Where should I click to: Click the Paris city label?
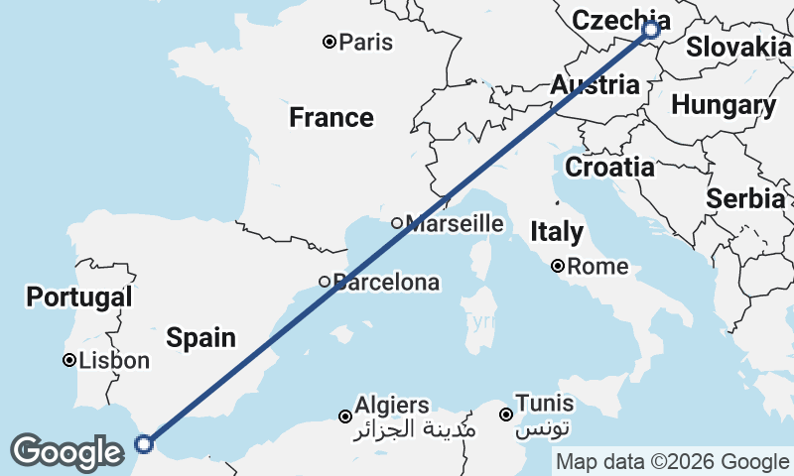(x=365, y=43)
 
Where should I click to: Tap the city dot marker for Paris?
(x=330, y=42)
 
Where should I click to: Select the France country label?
(x=331, y=118)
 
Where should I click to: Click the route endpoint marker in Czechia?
(x=651, y=30)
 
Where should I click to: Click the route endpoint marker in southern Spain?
(x=144, y=443)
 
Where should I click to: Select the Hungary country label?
(x=724, y=105)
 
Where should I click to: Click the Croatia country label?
(x=609, y=167)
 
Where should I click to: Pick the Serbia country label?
(x=745, y=198)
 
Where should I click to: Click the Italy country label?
(x=557, y=232)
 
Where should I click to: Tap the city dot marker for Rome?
(x=559, y=266)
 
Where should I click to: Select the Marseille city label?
(x=455, y=223)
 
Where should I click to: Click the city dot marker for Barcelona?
(x=325, y=282)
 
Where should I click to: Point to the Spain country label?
(x=200, y=337)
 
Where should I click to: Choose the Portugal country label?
(x=79, y=297)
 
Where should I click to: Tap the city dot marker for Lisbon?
(x=70, y=360)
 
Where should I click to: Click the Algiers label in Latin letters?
(x=392, y=405)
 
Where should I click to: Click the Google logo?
(x=66, y=452)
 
